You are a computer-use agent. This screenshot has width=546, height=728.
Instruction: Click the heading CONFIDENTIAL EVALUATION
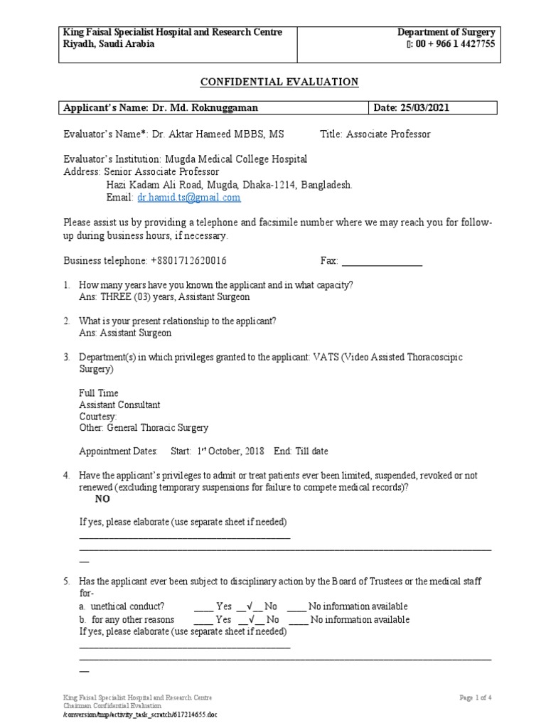279,82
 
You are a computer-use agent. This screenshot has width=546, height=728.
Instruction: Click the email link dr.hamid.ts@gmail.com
189,198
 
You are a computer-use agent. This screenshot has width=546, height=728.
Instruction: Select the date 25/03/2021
424,108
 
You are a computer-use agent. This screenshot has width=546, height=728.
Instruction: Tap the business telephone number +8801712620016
189,261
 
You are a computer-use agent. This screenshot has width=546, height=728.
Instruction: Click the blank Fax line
382,261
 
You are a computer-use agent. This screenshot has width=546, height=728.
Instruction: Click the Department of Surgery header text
446,33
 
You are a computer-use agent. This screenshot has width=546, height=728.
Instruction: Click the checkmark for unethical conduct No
242,606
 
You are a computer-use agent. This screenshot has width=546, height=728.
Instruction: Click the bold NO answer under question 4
102,499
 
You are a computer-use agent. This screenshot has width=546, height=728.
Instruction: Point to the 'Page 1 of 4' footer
476,697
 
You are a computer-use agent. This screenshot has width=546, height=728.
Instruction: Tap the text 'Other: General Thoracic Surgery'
144,428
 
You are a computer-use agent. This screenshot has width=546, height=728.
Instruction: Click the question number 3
66,358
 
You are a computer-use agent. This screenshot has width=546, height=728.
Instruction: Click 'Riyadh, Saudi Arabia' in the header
108,44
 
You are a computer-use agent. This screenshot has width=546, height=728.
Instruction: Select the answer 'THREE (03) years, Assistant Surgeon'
164,297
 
